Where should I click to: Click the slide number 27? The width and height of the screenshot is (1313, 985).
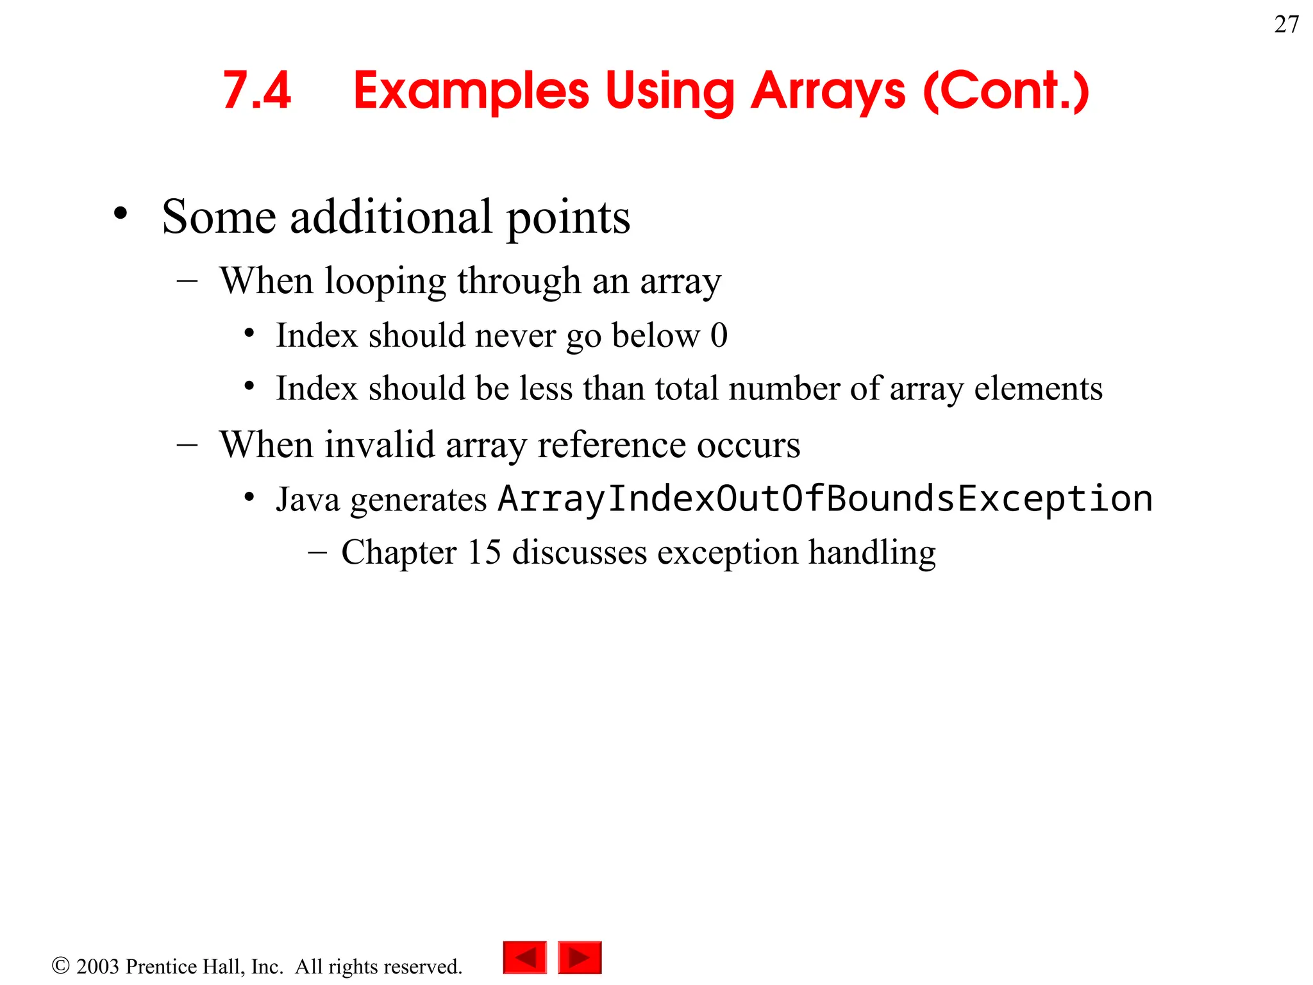pos(1286,24)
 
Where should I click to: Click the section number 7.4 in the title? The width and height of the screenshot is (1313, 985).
pos(257,91)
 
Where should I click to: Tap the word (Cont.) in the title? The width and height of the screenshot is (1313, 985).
pos(1006,91)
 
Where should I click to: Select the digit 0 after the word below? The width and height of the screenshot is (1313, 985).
pos(719,335)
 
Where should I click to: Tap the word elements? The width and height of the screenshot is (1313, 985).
pos(1038,389)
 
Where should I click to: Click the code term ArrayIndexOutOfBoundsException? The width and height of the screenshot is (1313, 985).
pos(825,498)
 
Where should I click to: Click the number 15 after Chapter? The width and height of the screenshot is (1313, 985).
pos(484,552)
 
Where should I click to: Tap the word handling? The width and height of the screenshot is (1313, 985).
pos(871,553)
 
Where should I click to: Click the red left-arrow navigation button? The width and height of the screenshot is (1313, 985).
pos(525,957)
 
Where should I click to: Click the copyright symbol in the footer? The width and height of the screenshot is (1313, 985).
pos(60,965)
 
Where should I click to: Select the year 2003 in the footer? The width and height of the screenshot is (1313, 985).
pos(97,966)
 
